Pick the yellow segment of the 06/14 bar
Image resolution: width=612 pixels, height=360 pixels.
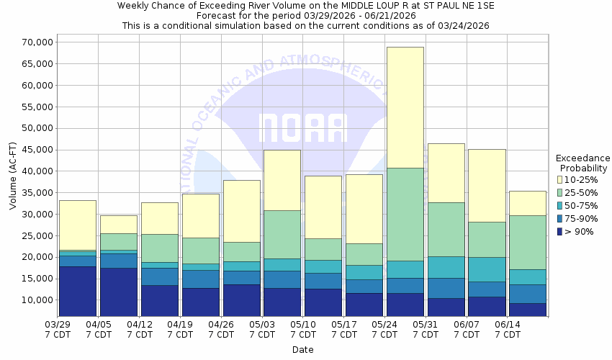pos(528,203)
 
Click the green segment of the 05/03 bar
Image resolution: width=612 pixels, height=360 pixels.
pos(282,234)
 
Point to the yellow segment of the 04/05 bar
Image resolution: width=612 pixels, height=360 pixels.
pos(118,224)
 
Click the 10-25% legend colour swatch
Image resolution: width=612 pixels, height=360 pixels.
pos(559,179)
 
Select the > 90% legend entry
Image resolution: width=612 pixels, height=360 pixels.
pos(580,231)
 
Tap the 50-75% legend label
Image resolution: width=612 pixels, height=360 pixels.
pos(585,205)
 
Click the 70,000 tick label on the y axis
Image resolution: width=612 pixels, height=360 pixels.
pos(33,42)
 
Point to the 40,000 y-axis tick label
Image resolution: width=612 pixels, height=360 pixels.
pos(33,171)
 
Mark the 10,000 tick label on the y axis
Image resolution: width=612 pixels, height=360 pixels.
pos(33,300)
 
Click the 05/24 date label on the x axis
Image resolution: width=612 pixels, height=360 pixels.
pos(385,329)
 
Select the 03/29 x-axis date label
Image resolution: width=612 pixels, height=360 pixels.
pos(57,329)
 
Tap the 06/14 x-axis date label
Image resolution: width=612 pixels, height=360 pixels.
pos(508,329)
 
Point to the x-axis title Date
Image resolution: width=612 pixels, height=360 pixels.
pos(302,350)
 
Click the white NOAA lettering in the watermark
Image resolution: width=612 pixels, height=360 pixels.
pos(302,128)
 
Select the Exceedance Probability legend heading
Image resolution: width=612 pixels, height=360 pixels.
pos(583,163)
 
